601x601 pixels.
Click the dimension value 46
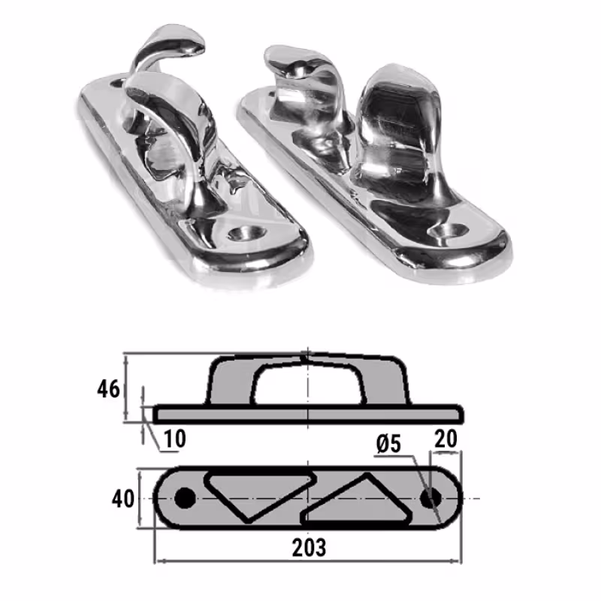pos(108,389)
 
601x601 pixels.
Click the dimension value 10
pos(175,439)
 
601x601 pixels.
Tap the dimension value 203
pos(309,548)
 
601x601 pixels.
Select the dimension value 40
pos(123,499)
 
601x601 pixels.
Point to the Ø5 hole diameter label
pos(388,444)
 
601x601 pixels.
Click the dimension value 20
pos(445,439)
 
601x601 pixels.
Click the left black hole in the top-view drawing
pos(185,498)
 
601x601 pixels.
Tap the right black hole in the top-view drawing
pos(431,499)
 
